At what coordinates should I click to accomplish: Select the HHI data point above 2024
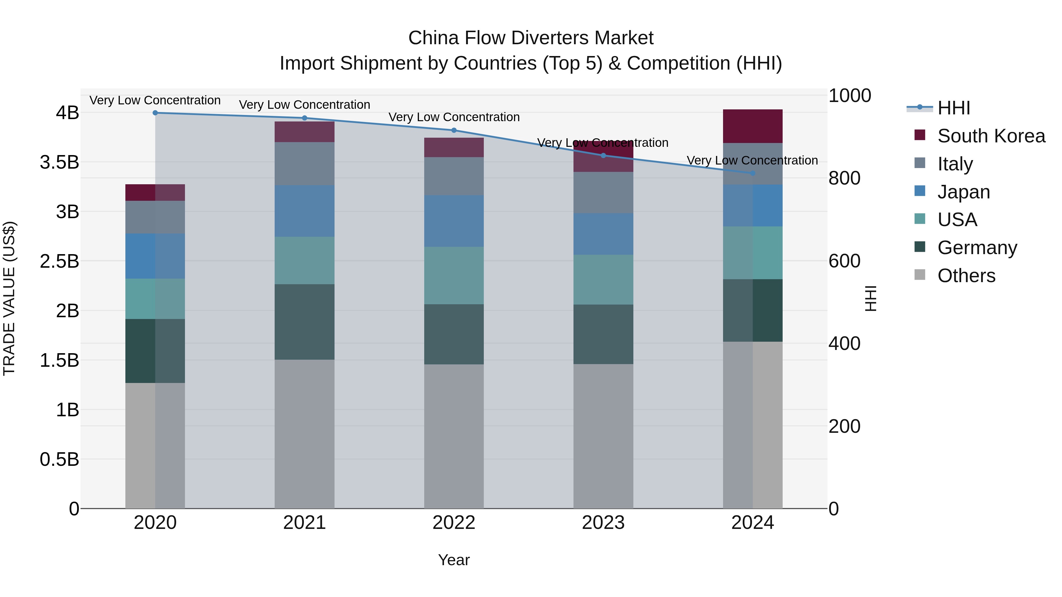(x=753, y=173)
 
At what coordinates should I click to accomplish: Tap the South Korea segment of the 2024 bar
(x=753, y=126)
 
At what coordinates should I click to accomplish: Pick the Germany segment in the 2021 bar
(x=305, y=322)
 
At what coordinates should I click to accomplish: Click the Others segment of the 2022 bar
(x=454, y=436)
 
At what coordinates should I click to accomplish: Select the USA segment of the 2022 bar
(x=454, y=275)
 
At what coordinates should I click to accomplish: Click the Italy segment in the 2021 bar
(x=305, y=164)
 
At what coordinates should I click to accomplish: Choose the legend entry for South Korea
(x=991, y=136)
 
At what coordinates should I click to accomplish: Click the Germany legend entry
(x=977, y=248)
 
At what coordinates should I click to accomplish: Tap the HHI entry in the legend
(x=953, y=108)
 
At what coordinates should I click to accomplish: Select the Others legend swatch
(x=920, y=275)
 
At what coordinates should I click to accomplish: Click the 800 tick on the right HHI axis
(x=844, y=178)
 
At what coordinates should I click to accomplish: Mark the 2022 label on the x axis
(x=454, y=523)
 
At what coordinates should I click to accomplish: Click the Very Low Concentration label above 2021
(x=305, y=105)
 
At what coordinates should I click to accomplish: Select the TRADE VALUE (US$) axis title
(x=9, y=298)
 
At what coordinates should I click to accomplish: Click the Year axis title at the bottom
(x=454, y=560)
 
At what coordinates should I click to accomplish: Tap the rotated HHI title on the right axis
(x=871, y=298)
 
